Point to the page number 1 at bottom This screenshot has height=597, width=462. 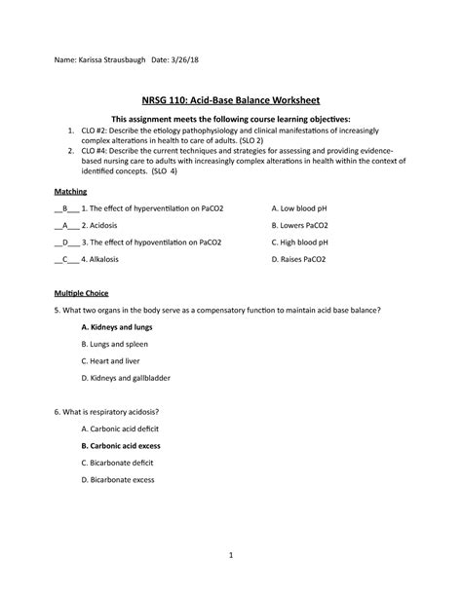pos(232,555)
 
